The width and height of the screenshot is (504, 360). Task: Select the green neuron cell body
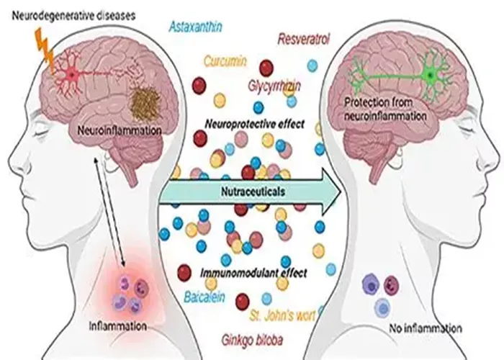point(430,76)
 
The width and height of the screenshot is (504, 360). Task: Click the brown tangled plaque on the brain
point(145,103)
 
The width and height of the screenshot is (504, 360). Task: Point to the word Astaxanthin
point(195,27)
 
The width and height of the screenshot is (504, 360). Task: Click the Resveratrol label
point(303,39)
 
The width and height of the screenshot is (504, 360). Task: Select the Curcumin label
point(225,61)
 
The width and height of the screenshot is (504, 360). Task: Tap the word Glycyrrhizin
point(274,86)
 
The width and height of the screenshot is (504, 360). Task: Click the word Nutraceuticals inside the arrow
point(253,192)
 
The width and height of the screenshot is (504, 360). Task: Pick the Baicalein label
point(204,297)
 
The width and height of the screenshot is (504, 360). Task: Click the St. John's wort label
point(282,316)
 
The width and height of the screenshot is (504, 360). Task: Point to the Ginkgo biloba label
point(252,340)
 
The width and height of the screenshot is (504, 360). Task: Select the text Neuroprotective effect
point(254,124)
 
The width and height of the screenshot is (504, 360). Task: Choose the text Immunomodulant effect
point(253,273)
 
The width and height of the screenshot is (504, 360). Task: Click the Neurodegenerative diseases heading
point(73,15)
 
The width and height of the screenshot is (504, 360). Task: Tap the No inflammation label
point(426,328)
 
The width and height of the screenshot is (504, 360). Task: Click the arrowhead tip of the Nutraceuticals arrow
point(341,192)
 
